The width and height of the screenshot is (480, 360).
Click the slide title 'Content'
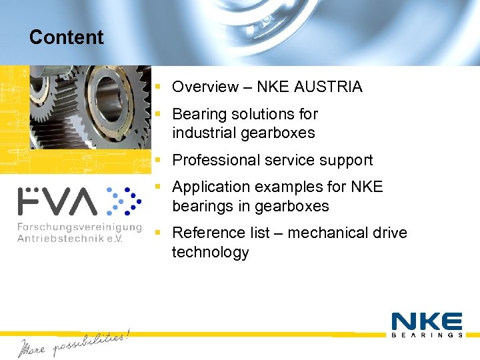pyautogui.click(x=66, y=37)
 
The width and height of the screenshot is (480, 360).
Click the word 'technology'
pyautogui.click(x=210, y=252)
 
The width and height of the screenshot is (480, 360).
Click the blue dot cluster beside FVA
pyautogui.click(x=123, y=201)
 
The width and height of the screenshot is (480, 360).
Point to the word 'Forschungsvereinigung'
pyautogui.click(x=79, y=227)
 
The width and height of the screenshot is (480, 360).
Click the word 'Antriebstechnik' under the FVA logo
pyautogui.click(x=64, y=239)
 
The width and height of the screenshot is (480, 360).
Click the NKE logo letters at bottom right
pyautogui.click(x=427, y=321)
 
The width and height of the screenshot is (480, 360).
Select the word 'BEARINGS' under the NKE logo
pyautogui.click(x=427, y=335)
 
